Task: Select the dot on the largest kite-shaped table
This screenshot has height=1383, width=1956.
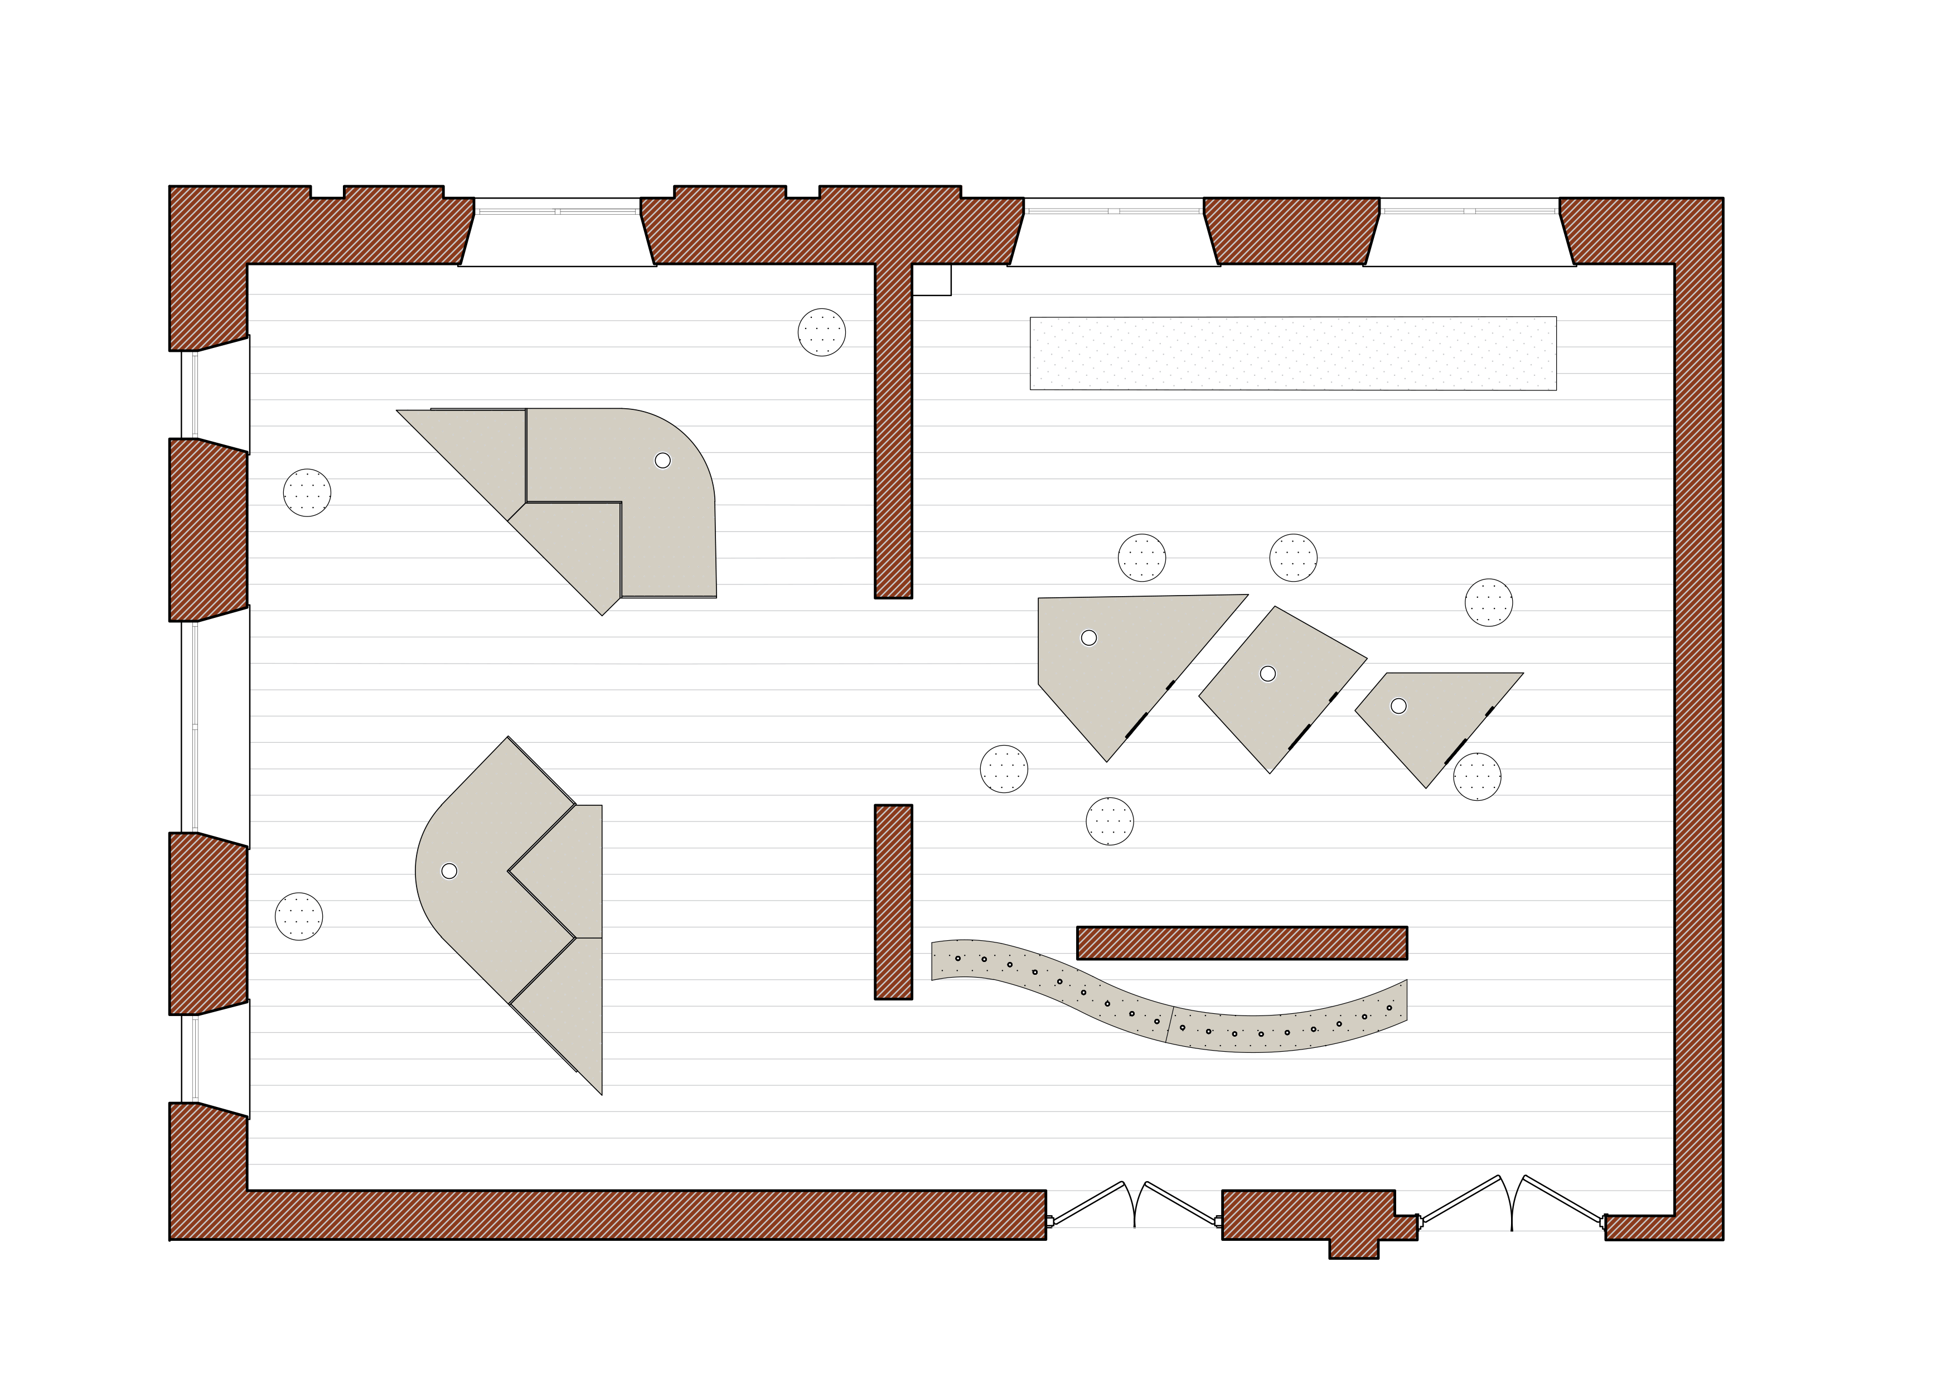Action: tap(1088, 637)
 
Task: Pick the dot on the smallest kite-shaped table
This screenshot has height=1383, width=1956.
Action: tap(1398, 705)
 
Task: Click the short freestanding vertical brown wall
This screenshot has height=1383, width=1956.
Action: tap(893, 902)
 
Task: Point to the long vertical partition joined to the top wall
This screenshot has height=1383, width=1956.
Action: tap(893, 426)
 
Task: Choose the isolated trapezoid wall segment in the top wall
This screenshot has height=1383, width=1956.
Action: tap(1291, 231)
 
